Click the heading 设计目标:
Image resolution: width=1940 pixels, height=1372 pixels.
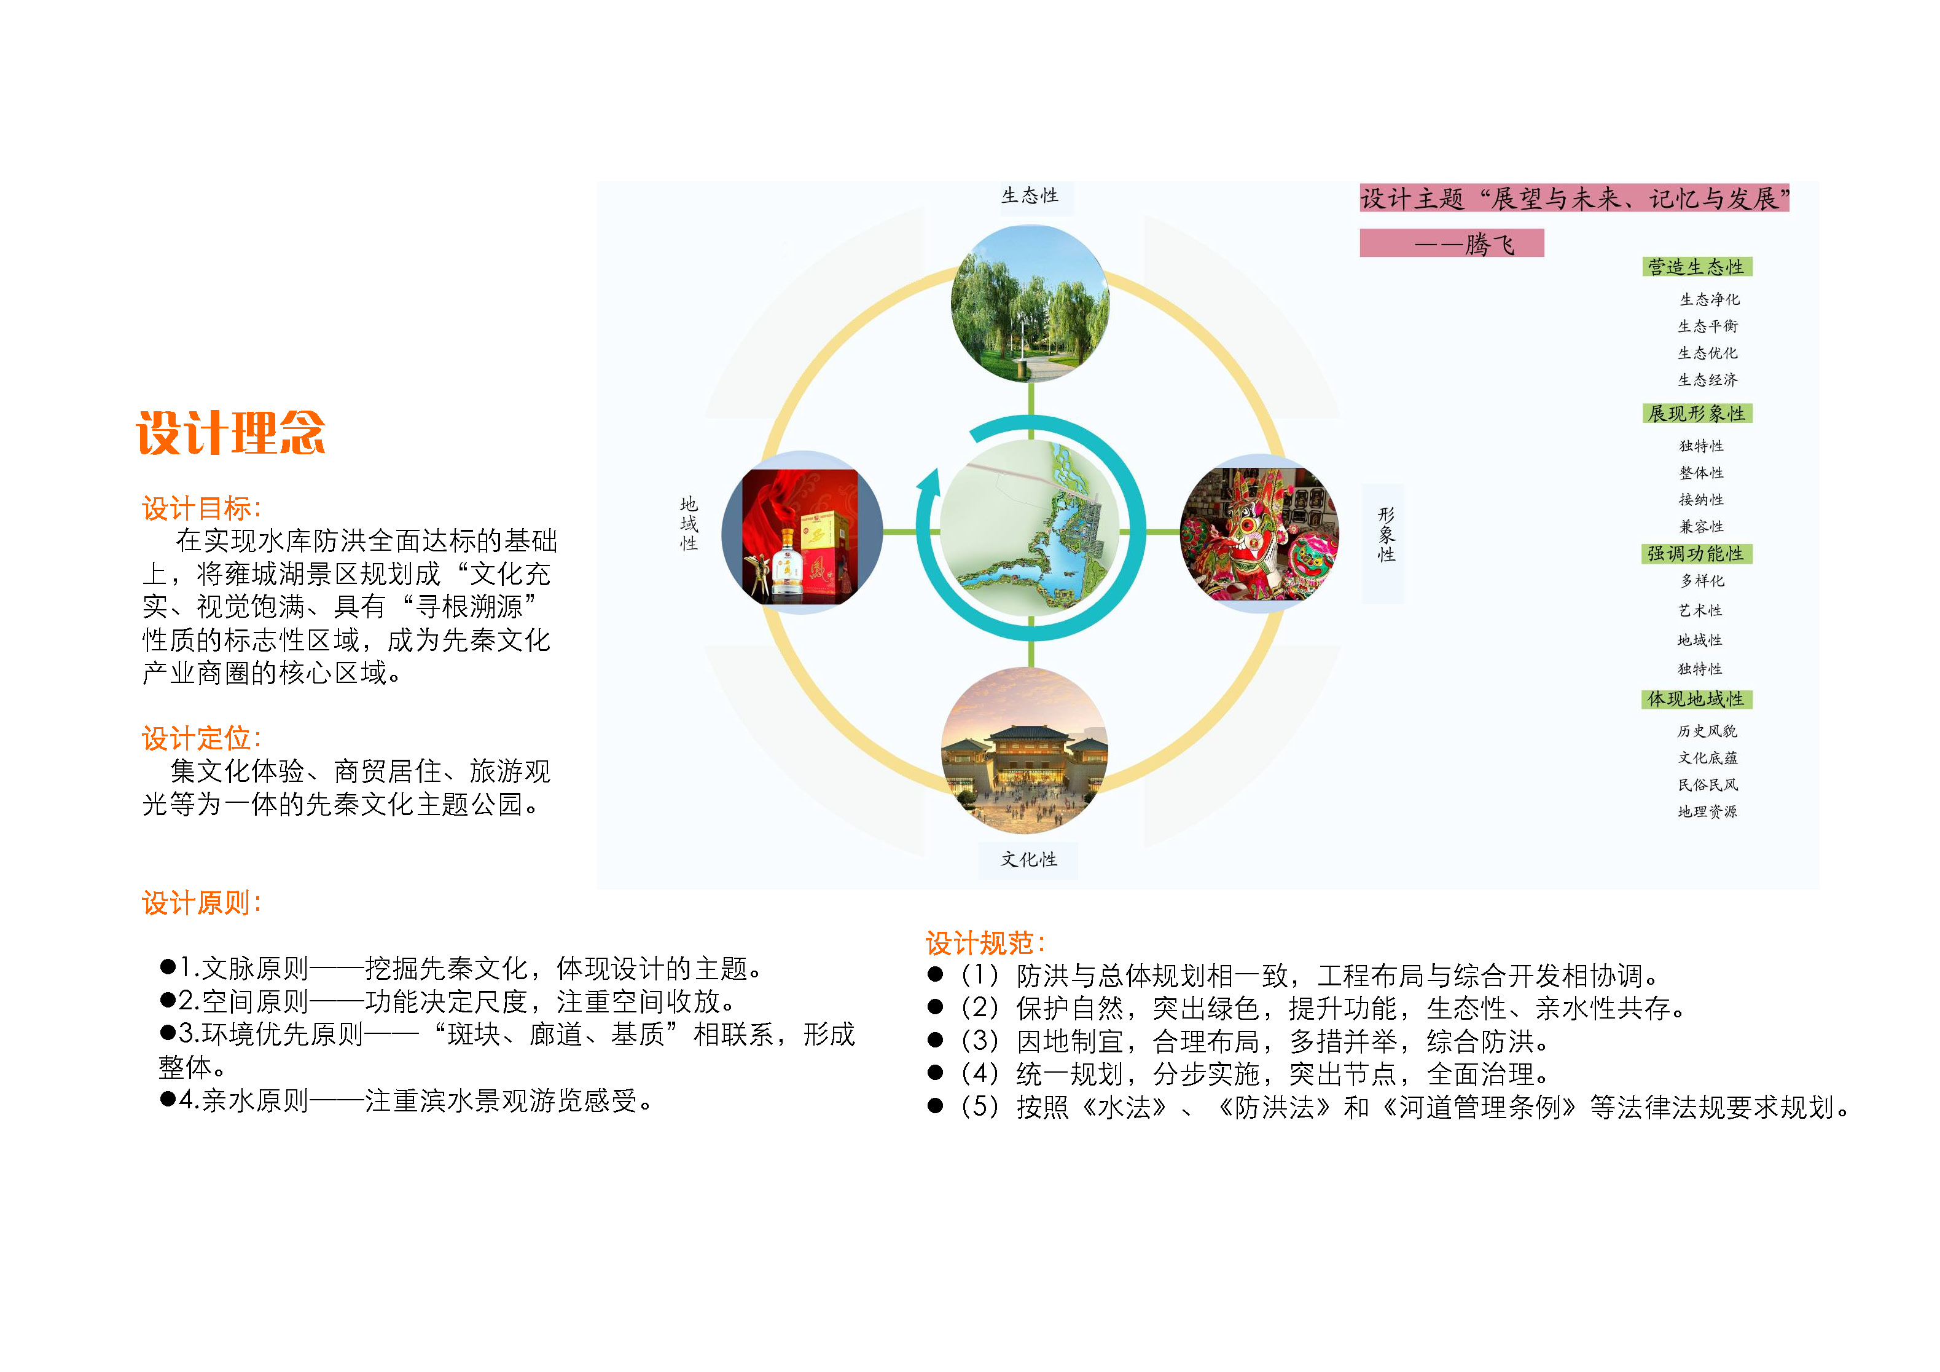[202, 508]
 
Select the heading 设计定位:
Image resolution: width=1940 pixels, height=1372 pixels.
[202, 738]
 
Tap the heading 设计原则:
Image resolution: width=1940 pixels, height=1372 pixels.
[202, 903]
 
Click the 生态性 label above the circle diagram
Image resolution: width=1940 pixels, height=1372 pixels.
[1030, 195]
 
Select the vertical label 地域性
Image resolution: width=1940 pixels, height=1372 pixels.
[689, 523]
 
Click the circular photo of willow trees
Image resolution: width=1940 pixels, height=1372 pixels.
[1030, 304]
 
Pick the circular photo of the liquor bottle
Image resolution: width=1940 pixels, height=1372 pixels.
[802, 532]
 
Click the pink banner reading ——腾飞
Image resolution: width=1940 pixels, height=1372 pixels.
[1452, 243]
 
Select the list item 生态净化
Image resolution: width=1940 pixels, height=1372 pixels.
[1710, 299]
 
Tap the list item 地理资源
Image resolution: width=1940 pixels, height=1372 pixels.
[1708, 811]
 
